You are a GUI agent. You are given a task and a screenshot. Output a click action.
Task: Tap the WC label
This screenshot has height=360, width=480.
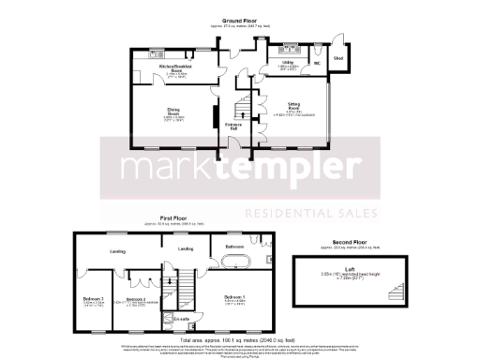click(317, 65)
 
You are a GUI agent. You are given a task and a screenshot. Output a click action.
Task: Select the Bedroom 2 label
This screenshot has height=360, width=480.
click(138, 299)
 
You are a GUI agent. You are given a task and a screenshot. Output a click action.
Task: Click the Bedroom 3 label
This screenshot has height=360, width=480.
click(92, 300)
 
